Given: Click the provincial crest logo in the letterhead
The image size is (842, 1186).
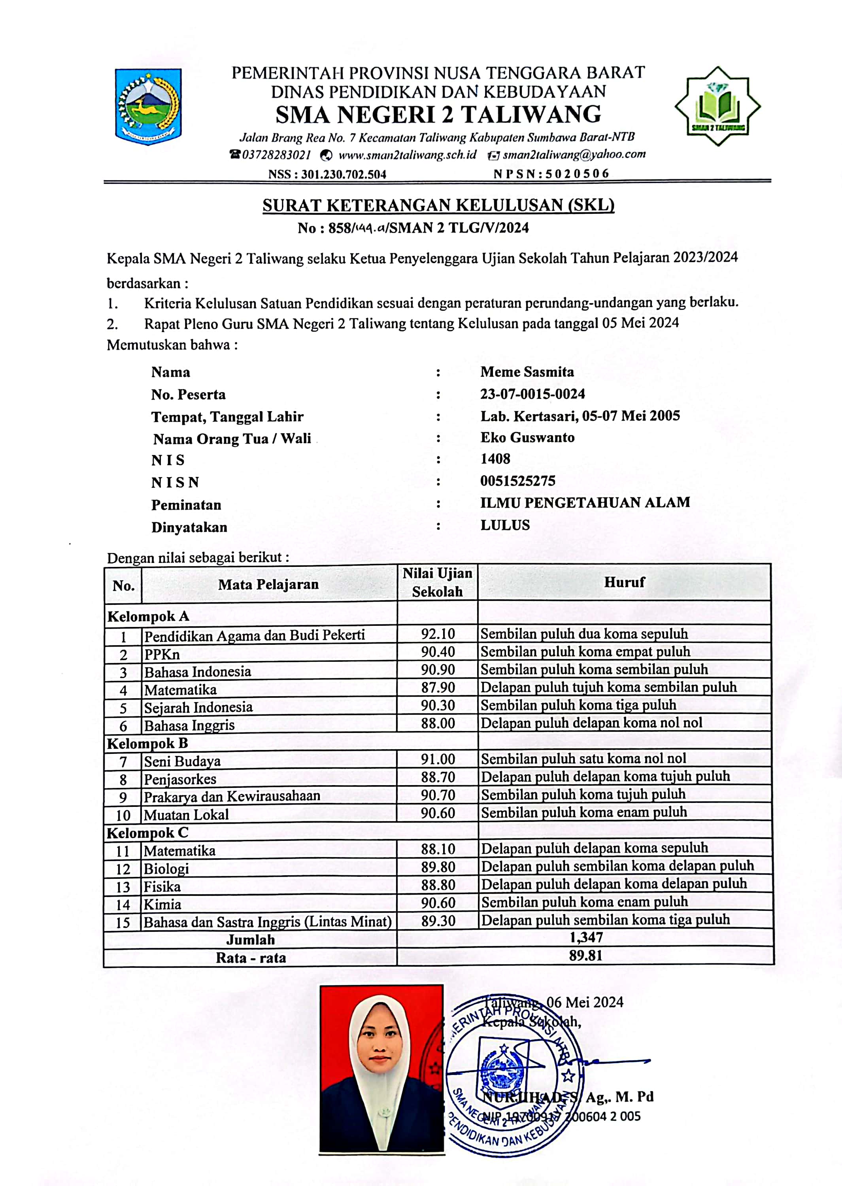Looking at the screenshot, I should [x=148, y=106].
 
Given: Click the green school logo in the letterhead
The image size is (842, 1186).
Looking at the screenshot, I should [x=717, y=106].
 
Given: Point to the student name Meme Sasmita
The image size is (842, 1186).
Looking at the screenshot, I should [x=527, y=372].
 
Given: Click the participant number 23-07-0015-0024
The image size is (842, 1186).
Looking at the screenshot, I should [x=532, y=394].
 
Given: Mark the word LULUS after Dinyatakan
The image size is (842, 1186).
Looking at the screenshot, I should [x=505, y=525].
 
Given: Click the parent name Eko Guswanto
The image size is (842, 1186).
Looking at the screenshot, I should [x=527, y=438].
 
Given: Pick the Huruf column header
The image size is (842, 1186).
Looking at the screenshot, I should [x=624, y=582].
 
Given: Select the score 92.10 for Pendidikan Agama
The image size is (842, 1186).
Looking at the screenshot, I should [x=438, y=634].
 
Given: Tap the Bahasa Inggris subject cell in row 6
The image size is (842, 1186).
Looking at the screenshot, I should [x=189, y=725].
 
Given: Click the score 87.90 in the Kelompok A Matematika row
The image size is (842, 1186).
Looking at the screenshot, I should [x=438, y=688].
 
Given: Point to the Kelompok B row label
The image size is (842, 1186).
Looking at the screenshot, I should [x=147, y=743].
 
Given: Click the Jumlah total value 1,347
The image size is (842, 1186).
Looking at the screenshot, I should [x=586, y=937].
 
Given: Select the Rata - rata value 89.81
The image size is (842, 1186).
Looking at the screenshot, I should [x=585, y=956].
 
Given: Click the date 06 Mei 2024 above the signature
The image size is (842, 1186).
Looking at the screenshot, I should [x=584, y=1002].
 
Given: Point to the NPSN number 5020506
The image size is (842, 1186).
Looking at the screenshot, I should [x=576, y=174].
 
